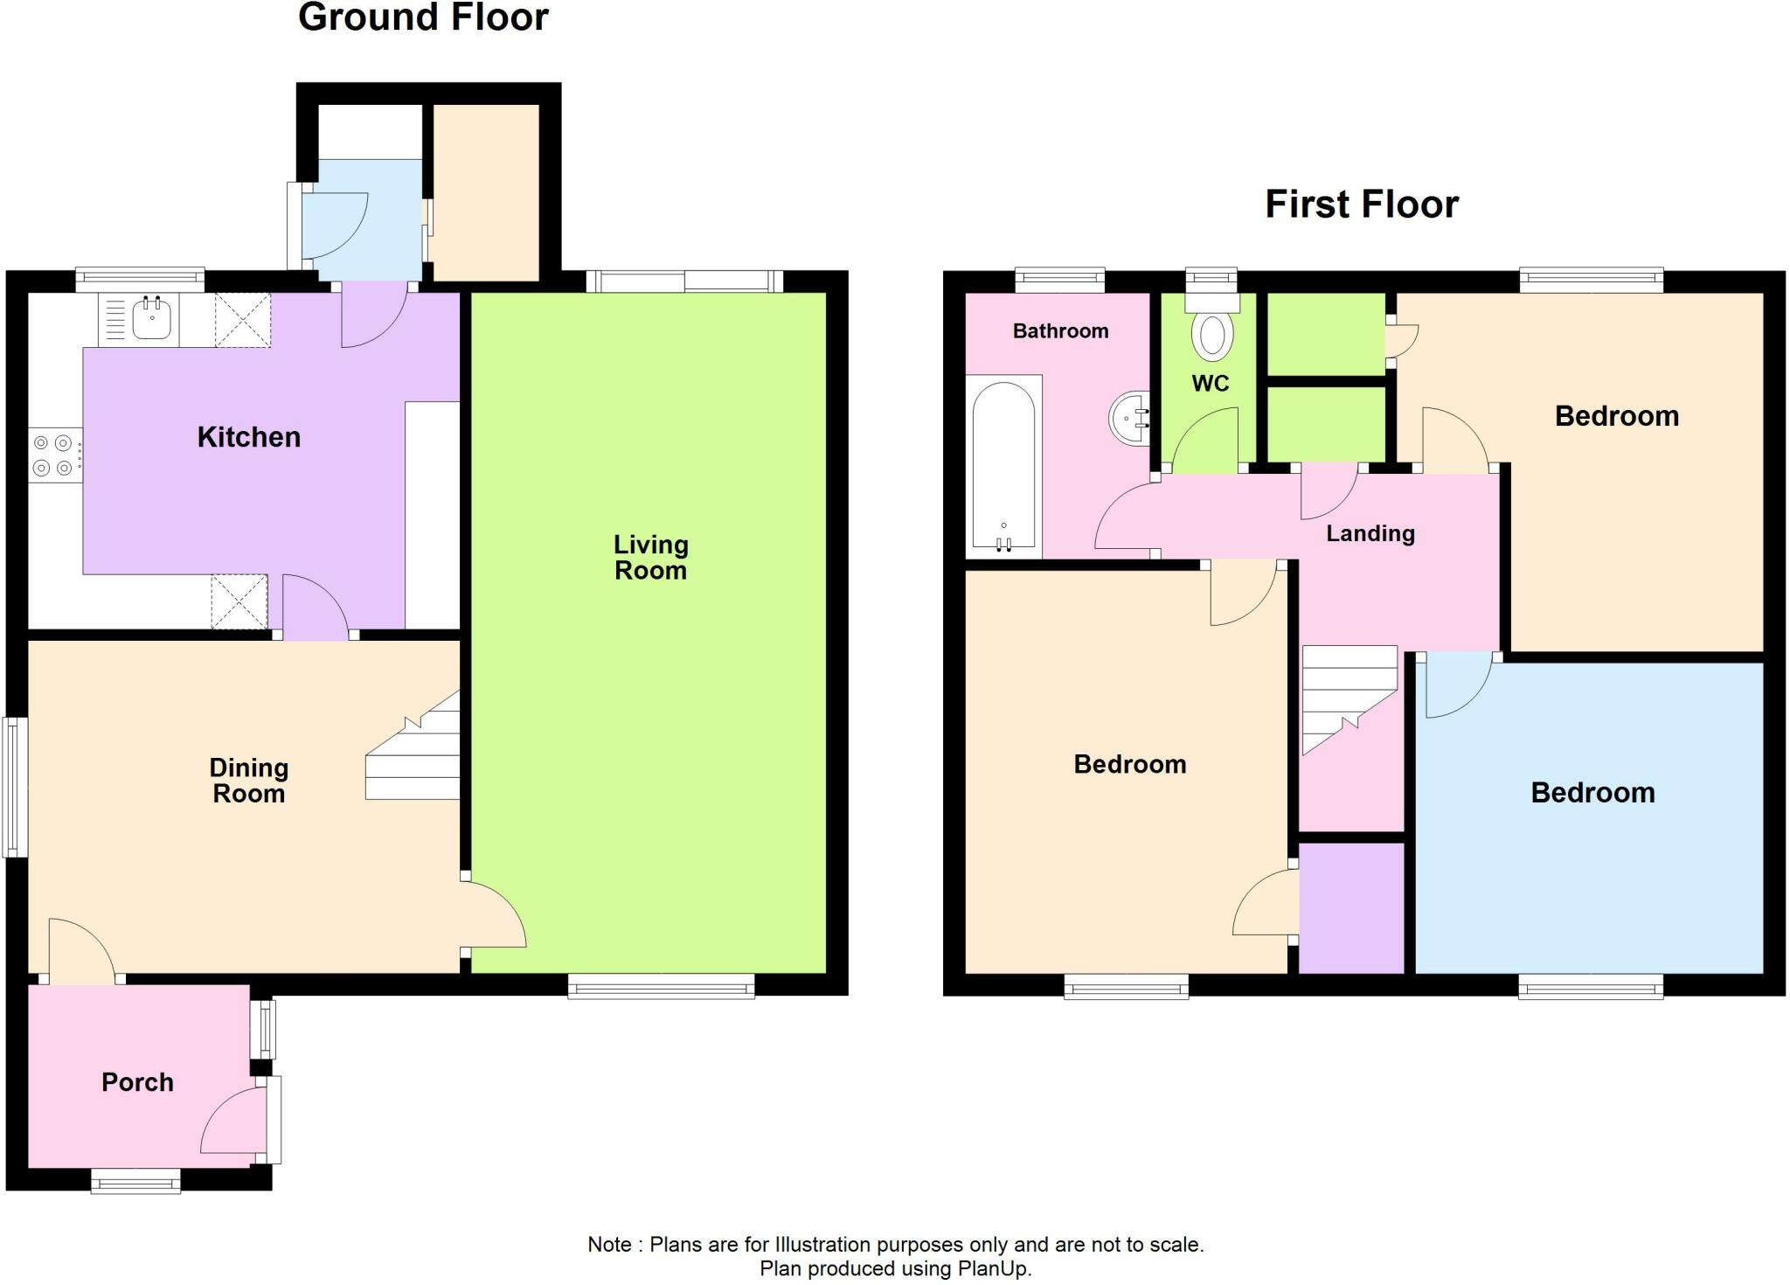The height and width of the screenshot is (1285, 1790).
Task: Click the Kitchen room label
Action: click(249, 437)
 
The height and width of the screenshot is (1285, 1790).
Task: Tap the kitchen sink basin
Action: click(152, 320)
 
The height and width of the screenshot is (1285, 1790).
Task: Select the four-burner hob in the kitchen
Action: click(54, 455)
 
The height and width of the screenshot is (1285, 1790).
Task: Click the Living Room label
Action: click(650, 558)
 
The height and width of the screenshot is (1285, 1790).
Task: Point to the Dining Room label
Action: click(249, 781)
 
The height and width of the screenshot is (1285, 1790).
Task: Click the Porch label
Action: click(137, 1082)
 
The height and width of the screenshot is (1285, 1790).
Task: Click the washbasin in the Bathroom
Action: click(1130, 418)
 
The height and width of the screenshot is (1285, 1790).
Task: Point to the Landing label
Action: click(1370, 533)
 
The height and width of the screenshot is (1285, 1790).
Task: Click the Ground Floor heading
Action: click(423, 17)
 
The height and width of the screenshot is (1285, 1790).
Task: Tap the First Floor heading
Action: click(1362, 205)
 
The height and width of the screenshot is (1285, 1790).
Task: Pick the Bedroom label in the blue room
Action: click(1592, 793)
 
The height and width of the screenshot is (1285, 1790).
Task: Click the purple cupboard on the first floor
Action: click(1351, 907)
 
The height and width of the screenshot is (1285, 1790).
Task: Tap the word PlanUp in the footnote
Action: click(993, 1268)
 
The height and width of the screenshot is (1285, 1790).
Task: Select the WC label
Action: click(1210, 383)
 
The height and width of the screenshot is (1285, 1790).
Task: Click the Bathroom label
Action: click(1060, 330)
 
